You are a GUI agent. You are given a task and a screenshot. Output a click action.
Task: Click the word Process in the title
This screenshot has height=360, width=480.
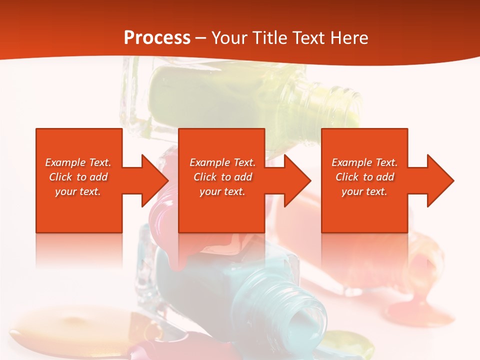(x=157, y=37)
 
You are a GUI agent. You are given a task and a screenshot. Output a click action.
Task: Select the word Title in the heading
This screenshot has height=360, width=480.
(x=267, y=37)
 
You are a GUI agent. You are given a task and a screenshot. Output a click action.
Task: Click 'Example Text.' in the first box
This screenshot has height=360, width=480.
(x=78, y=162)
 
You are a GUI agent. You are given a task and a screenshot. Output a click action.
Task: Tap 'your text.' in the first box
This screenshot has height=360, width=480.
(x=78, y=191)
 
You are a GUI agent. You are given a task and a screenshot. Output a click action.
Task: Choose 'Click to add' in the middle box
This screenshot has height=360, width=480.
(x=222, y=177)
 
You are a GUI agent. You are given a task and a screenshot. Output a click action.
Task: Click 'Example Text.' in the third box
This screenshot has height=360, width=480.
(x=364, y=162)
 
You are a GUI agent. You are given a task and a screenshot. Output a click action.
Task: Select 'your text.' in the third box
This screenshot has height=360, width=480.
(x=364, y=191)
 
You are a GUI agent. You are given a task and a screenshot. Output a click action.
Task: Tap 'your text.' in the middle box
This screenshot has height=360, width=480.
(x=222, y=191)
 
